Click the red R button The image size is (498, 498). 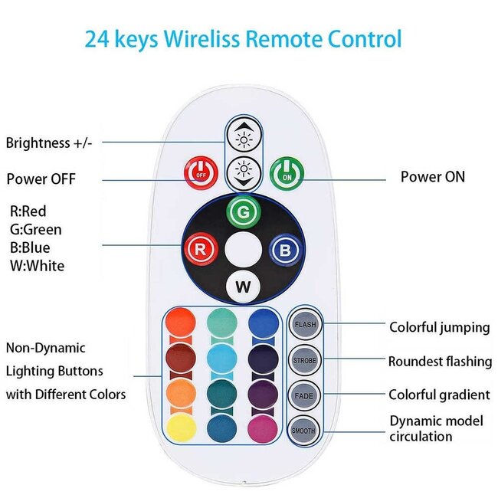(199, 249)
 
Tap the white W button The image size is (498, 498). (243, 287)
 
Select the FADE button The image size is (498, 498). (304, 395)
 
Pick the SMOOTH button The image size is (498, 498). (304, 431)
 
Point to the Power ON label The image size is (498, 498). (432, 177)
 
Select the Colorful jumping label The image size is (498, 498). (439, 327)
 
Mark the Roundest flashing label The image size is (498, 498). (439, 361)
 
